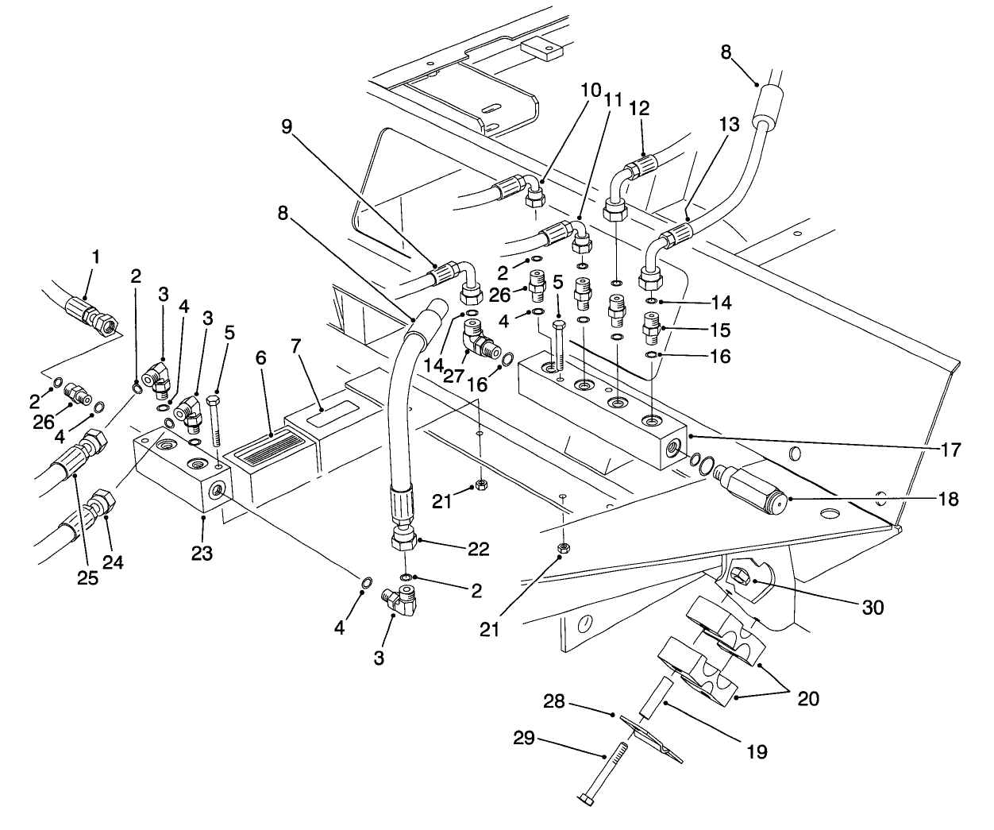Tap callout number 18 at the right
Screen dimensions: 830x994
point(948,500)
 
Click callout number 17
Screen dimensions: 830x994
point(951,450)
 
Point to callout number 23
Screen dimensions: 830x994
point(202,553)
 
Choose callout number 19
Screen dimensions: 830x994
point(757,751)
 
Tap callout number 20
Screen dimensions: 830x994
point(808,698)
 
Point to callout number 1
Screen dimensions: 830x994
point(95,257)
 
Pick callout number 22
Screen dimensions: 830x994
point(479,549)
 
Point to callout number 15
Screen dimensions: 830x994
point(720,330)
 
